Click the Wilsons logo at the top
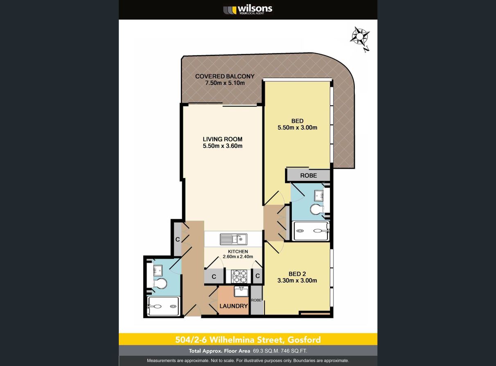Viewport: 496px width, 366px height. pos(248,10)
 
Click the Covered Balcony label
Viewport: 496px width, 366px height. pos(225,77)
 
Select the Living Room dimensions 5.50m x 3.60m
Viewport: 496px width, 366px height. pos(223,146)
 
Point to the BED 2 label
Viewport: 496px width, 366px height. pos(297,274)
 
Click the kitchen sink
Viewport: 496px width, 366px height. pos(233,239)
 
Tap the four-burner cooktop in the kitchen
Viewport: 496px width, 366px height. pos(239,276)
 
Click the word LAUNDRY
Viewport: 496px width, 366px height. pos(234,306)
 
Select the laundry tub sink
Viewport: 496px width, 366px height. pos(241,291)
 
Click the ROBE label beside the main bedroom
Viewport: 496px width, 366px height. pos(309,176)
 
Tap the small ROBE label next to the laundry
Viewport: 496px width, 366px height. pos(256,300)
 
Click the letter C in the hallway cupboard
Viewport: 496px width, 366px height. pos(178,239)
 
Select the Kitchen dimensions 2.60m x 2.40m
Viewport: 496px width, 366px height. pos(238,257)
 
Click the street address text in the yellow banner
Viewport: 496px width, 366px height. pos(248,340)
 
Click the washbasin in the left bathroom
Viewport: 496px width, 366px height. pos(158,270)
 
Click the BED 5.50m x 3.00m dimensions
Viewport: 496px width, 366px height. pos(298,128)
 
